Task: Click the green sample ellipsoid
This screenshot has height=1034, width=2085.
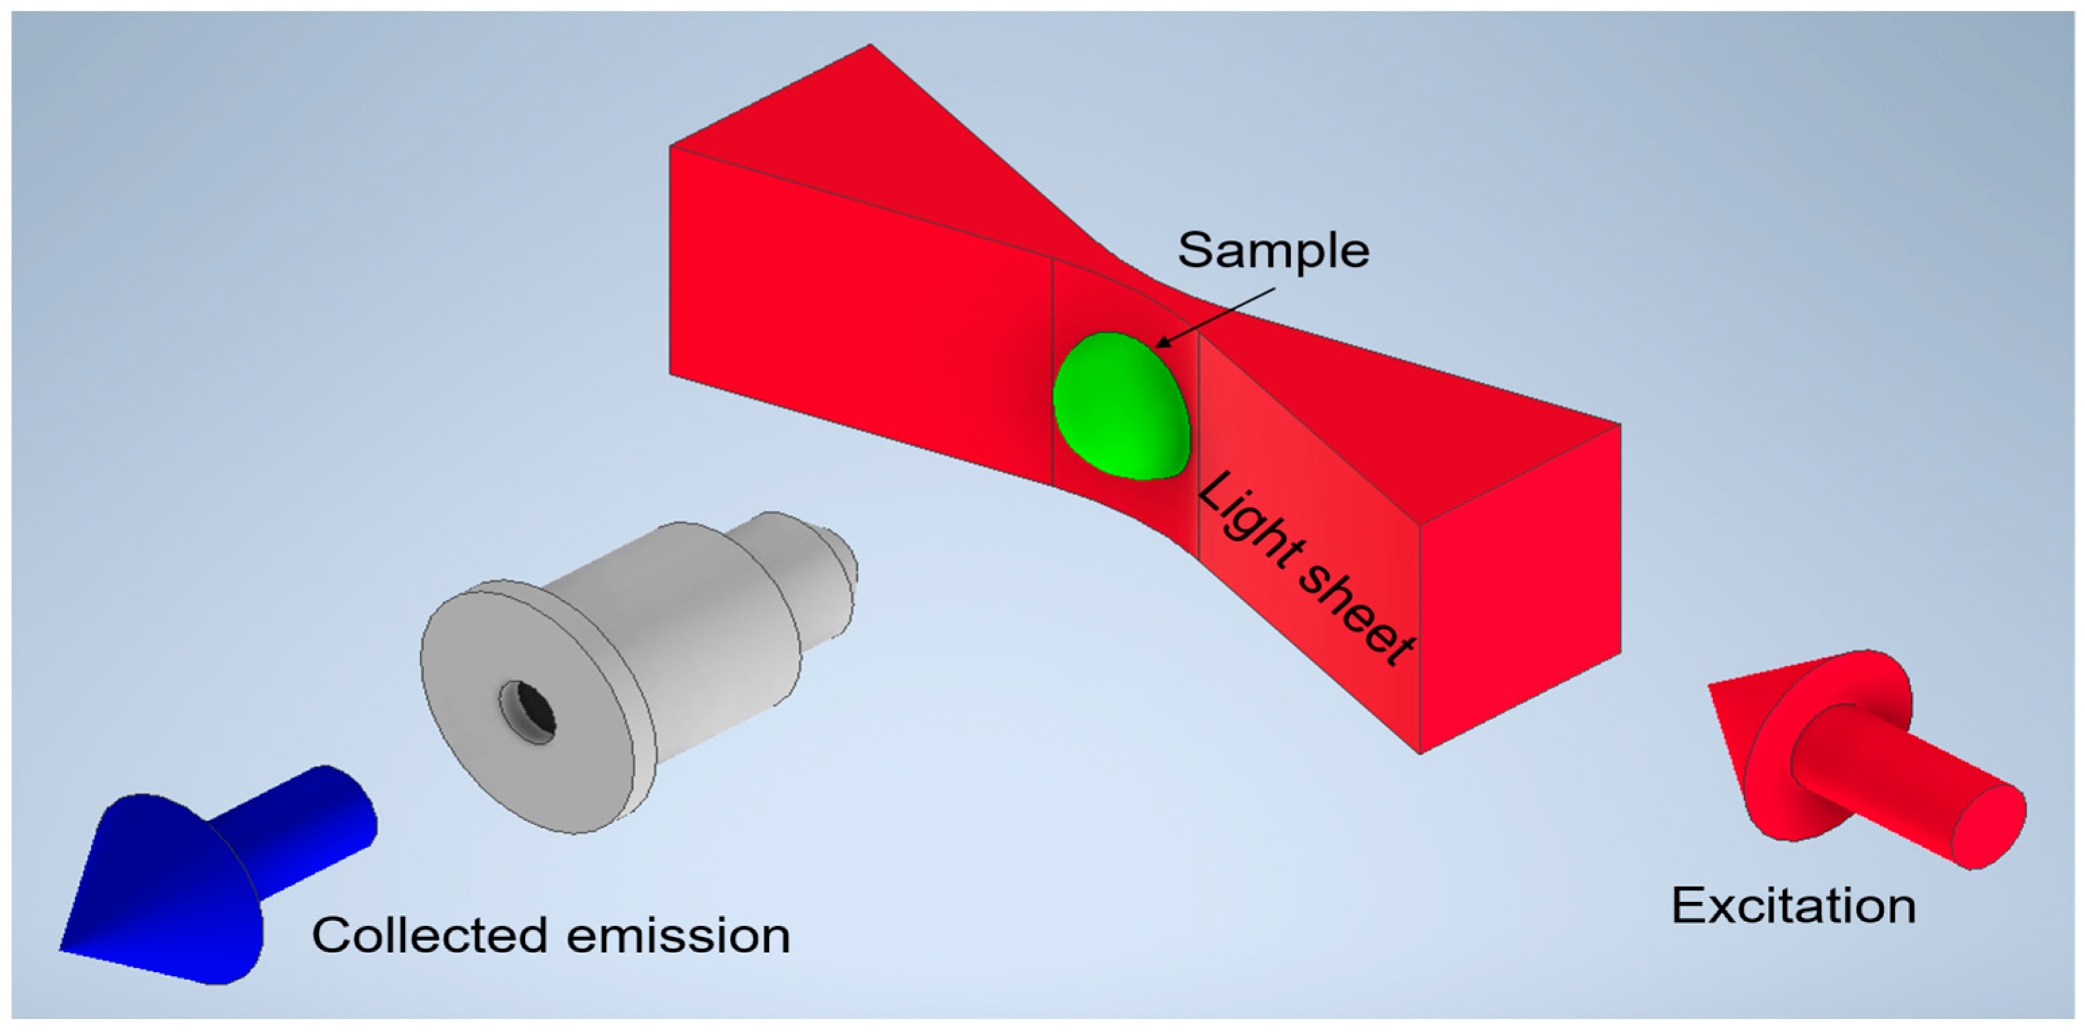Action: pyautogui.click(x=1121, y=407)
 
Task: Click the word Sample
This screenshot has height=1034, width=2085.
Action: pyautogui.click(x=1272, y=250)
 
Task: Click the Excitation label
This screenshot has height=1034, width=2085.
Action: pyautogui.click(x=1793, y=905)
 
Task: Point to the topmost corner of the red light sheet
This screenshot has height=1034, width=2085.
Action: pyautogui.click(x=870, y=45)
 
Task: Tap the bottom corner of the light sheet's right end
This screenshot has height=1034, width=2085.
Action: pyautogui.click(x=1421, y=752)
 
